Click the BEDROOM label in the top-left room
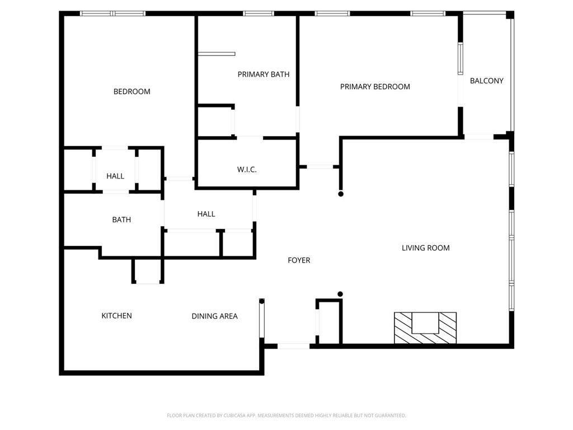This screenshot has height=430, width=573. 131,91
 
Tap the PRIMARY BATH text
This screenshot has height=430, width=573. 264,74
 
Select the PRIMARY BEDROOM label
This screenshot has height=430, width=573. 375,86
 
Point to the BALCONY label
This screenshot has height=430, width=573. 486,81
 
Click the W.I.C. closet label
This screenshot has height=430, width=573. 247,169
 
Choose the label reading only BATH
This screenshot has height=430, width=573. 121,219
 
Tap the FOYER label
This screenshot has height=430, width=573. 299,260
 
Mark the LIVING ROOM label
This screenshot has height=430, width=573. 425,247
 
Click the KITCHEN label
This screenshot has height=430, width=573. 116,315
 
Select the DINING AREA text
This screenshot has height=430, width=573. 214,316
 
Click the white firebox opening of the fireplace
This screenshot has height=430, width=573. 425,323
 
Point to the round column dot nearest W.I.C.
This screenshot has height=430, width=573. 340,194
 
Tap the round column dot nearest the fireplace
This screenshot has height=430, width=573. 340,294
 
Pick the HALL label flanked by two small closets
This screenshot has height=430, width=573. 115,176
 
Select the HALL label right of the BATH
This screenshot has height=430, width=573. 206,213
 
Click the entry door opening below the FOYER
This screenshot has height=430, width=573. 294,346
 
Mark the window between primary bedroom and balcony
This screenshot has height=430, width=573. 461,59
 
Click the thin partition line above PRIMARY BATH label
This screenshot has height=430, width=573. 216,54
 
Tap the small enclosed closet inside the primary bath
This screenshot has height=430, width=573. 214,121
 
